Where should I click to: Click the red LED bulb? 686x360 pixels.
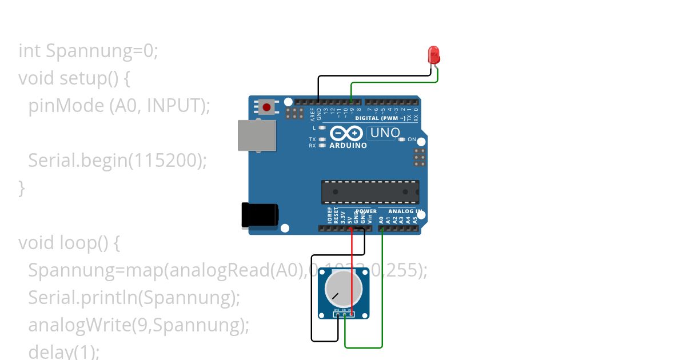click(x=434, y=55)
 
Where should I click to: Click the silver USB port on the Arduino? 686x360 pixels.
click(x=256, y=135)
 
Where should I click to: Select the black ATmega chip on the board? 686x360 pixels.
click(x=370, y=192)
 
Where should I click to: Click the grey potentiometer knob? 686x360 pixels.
click(x=344, y=287)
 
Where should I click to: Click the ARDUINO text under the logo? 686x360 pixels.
click(x=348, y=146)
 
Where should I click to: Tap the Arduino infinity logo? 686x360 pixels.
click(x=346, y=133)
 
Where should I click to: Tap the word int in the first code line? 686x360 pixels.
click(x=30, y=51)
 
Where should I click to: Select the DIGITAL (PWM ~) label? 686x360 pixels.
click(x=380, y=118)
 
